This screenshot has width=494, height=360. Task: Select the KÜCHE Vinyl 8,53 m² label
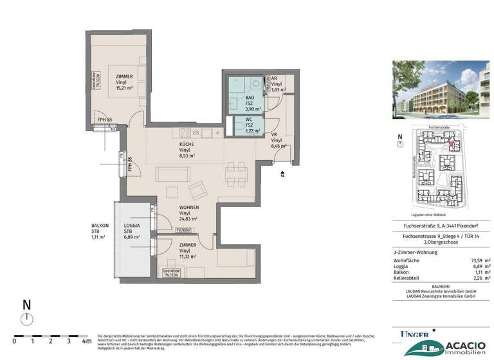pos(188,149)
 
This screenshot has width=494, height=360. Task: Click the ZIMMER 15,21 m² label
pos(124,83)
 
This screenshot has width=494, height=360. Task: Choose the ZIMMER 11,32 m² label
pos(187,251)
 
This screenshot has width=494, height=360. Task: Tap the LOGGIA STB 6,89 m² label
pos(132,231)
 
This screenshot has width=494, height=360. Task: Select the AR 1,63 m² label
pos(277,84)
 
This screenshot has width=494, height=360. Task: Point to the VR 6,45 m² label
pos(277,141)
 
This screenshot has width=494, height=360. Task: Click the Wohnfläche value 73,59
pos(473,260)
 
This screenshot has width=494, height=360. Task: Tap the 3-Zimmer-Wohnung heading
pos(415,252)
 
